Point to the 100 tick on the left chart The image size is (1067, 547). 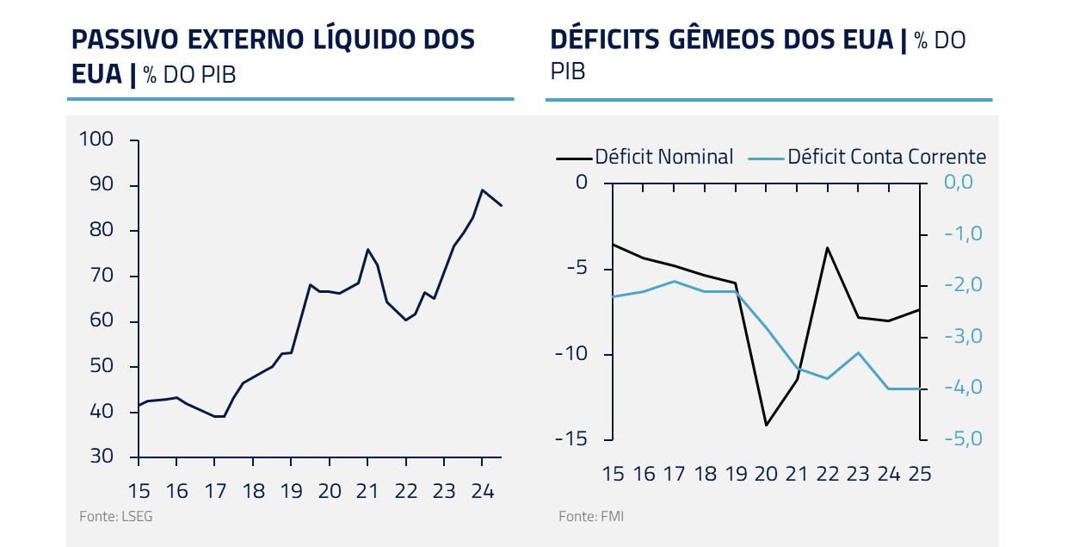click(96, 140)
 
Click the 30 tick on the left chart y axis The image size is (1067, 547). click(102, 457)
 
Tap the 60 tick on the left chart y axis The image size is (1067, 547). click(102, 321)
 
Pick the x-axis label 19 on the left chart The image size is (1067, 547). click(291, 491)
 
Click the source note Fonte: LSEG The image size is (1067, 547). click(109, 517)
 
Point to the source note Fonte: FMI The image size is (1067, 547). click(591, 517)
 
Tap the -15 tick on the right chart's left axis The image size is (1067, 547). click(571, 439)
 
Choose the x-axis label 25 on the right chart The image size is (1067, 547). click(919, 474)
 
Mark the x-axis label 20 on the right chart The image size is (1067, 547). click(766, 474)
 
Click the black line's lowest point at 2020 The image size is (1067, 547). click(766, 425)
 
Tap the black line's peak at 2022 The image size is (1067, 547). click(827, 247)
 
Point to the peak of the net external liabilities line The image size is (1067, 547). click(482, 190)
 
